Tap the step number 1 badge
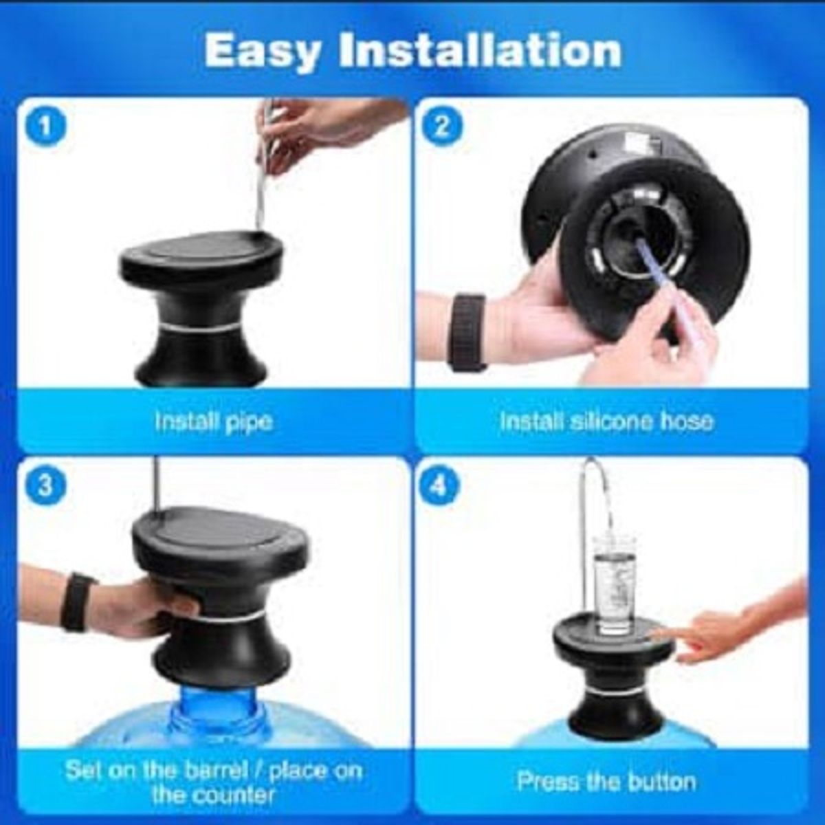tap(45, 128)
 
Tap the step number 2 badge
tap(441, 128)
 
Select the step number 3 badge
tap(45, 486)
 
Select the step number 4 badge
tap(441, 486)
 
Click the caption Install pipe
tap(213, 421)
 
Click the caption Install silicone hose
tap(606, 421)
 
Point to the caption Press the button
tap(606, 782)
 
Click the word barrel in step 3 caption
tap(209, 770)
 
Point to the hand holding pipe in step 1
tap(323, 131)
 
